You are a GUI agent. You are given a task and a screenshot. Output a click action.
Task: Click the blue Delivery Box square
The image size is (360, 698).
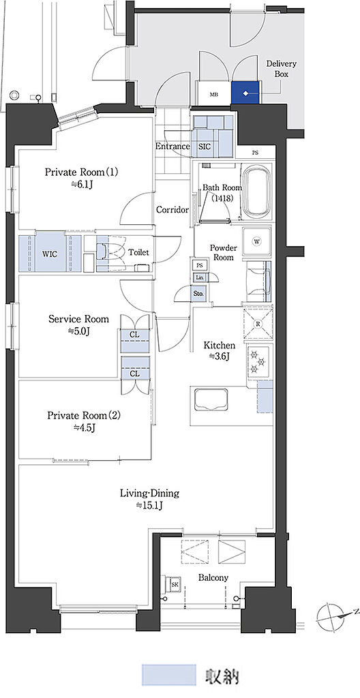(x=245, y=93)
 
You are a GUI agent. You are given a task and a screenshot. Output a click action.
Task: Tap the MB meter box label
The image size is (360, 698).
(x=214, y=94)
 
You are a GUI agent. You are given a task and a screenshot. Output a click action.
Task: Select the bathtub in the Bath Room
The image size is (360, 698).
(x=256, y=191)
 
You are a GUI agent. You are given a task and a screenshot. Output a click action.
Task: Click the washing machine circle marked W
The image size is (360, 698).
(x=256, y=241)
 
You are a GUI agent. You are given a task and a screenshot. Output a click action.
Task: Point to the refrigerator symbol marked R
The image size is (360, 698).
(x=258, y=324)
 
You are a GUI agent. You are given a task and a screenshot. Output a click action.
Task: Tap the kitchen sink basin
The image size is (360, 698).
(x=211, y=399)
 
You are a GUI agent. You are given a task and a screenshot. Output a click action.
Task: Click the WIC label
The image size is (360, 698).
(x=50, y=254)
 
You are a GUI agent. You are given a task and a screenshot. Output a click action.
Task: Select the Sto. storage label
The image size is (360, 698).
(x=198, y=294)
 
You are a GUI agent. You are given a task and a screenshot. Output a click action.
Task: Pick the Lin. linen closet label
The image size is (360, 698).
(x=198, y=278)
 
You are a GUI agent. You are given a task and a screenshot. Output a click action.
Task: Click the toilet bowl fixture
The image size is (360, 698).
(x=111, y=252)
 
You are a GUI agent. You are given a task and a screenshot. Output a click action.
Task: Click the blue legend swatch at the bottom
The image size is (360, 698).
(x=168, y=676)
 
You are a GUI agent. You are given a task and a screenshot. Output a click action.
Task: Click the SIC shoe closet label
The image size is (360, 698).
(x=205, y=147)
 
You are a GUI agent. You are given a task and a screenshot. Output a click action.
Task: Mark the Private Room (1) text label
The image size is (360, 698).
(x=82, y=172)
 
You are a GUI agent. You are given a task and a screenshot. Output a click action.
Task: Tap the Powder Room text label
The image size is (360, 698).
(x=224, y=252)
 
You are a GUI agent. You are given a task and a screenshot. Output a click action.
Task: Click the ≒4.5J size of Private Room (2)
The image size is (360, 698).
(x=84, y=428)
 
